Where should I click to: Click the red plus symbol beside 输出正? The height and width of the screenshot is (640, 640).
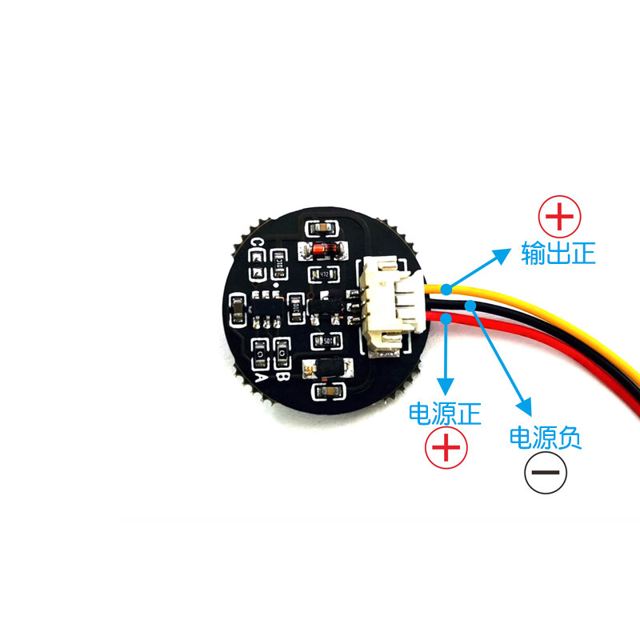click(561, 216)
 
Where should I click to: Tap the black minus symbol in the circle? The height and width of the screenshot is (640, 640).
click(546, 474)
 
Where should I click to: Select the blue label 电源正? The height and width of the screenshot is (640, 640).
click(445, 414)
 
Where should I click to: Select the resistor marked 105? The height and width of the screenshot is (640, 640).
click(326, 340)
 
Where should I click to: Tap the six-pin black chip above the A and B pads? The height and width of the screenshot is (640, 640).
click(264, 311)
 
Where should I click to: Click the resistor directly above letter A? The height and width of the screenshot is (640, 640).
click(261, 350)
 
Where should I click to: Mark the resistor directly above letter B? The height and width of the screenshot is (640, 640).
click(282, 350)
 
